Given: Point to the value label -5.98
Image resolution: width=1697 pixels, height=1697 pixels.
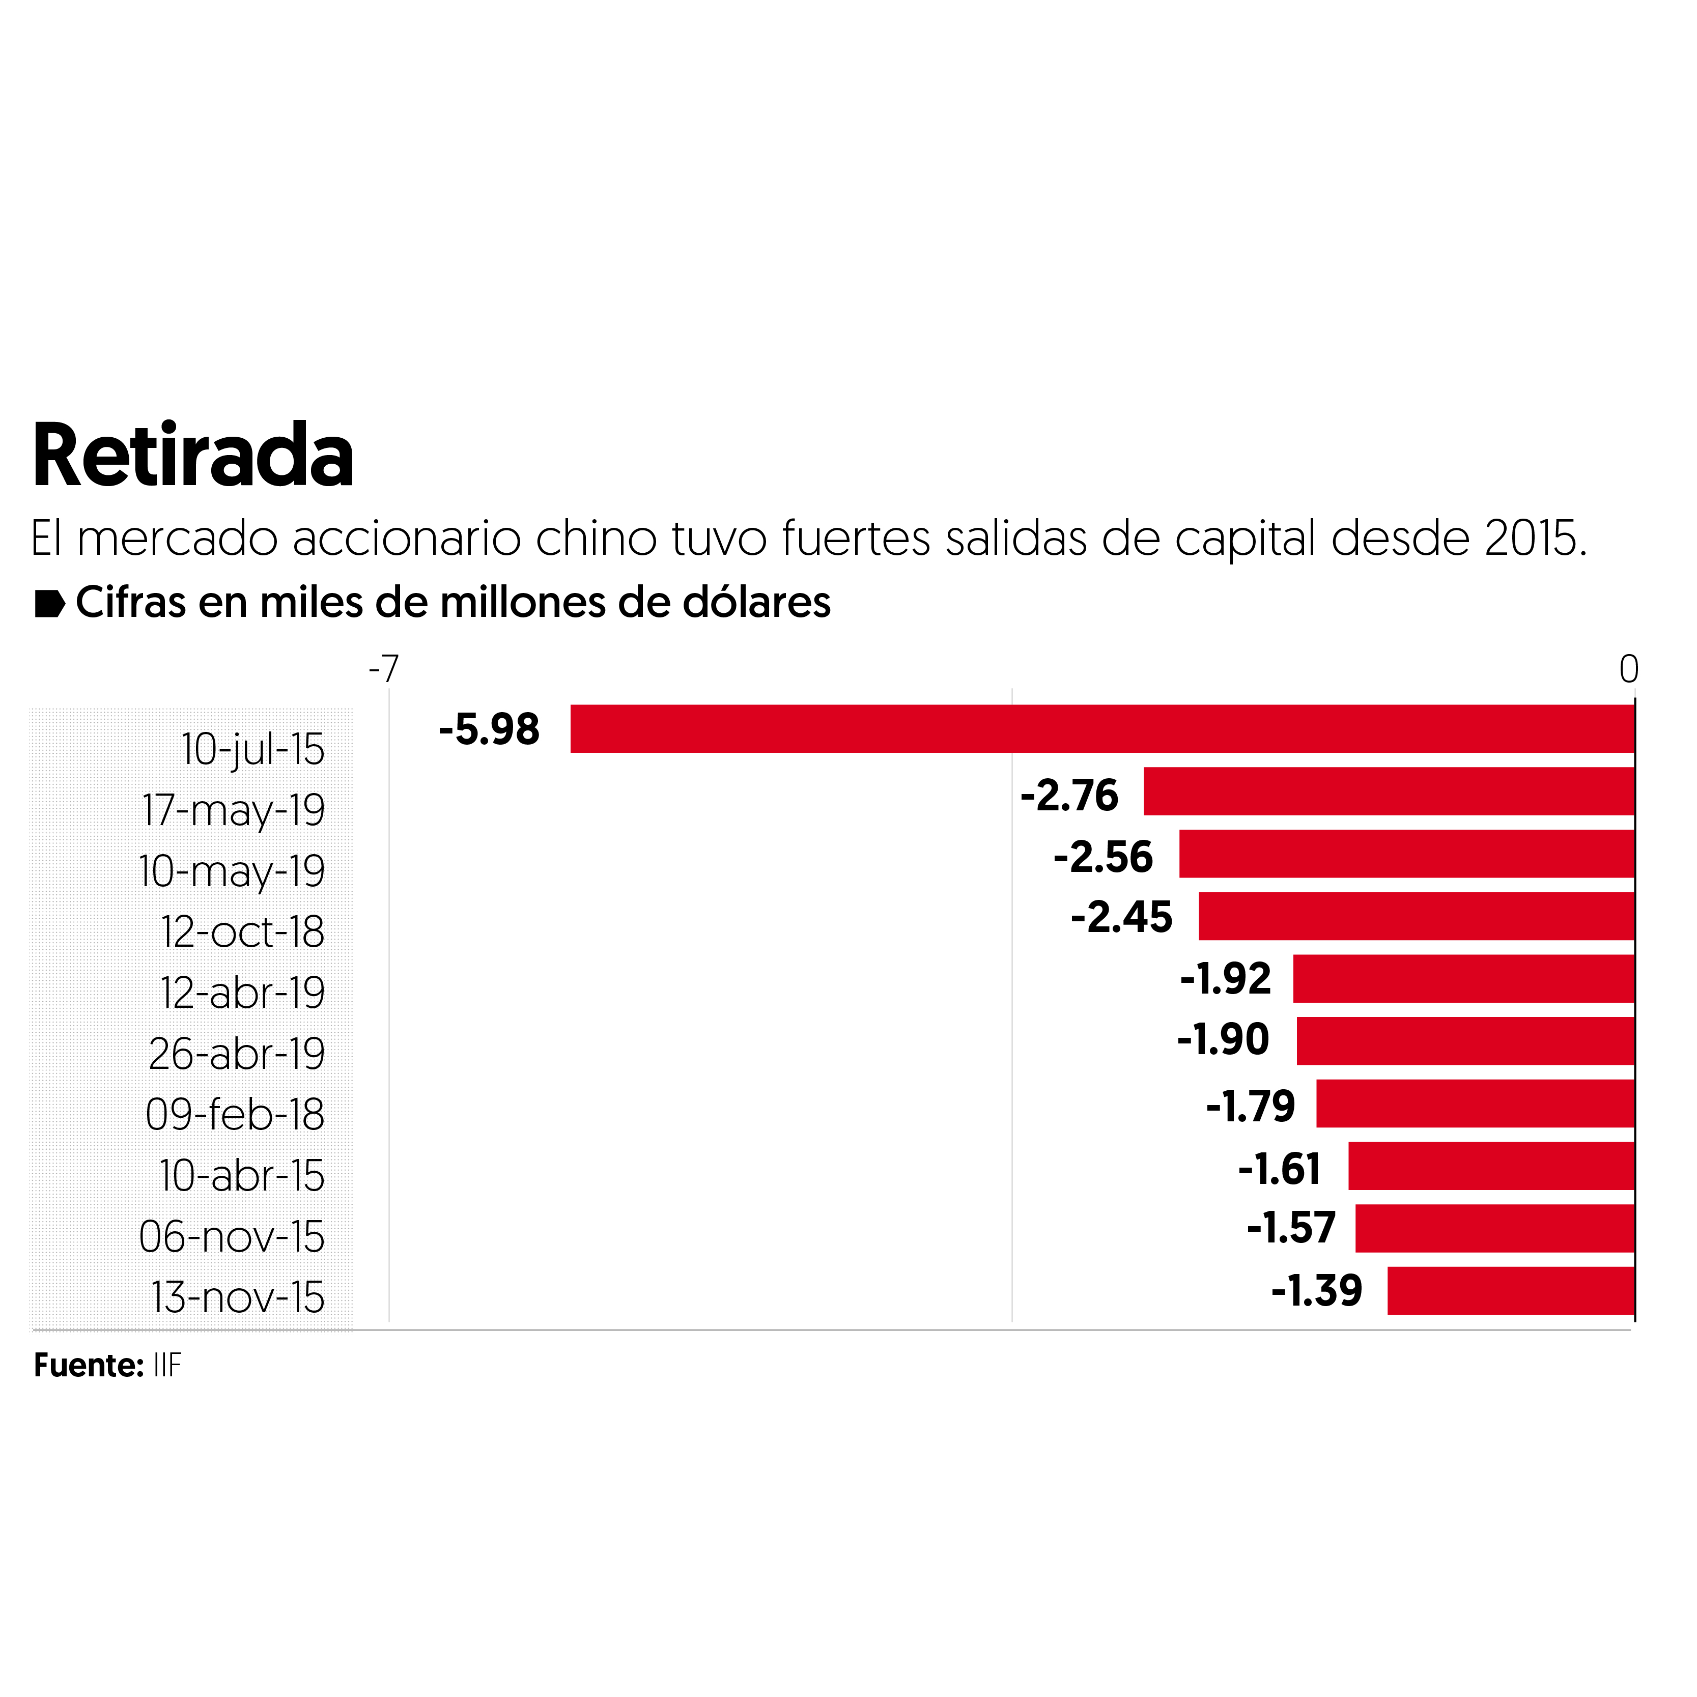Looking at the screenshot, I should [x=489, y=729].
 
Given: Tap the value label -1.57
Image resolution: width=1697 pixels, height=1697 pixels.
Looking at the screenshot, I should [x=1291, y=1227].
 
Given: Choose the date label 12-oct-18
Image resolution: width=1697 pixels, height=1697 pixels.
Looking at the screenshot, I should [x=242, y=932].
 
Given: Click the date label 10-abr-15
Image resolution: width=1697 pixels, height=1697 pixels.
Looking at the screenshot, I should [x=242, y=1175].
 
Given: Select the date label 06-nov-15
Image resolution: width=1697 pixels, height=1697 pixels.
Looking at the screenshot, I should [x=232, y=1237].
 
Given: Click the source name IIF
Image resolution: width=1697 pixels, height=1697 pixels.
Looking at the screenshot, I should [x=167, y=1365].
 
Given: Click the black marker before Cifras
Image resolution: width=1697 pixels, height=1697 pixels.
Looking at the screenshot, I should [x=49, y=604].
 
